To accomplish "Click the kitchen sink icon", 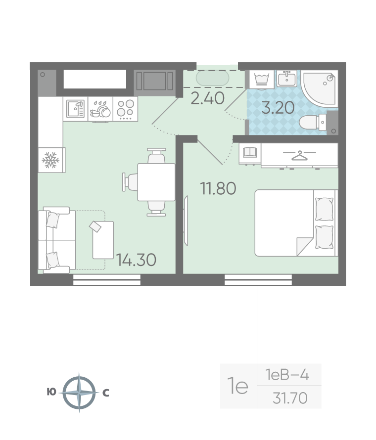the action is (x=76, y=109).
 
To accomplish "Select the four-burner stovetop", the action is (x=125, y=109).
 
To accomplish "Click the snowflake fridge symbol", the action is (x=50, y=160).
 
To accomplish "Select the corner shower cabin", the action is (x=320, y=88).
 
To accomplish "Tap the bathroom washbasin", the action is (x=287, y=78).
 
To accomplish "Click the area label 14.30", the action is (x=136, y=260).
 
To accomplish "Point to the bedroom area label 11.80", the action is (x=218, y=188).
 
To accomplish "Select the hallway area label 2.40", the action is (x=207, y=98).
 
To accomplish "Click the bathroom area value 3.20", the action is (x=278, y=107).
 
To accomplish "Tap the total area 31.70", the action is (x=290, y=398).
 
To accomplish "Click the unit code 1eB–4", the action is (x=287, y=375).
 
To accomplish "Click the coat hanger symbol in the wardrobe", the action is (x=300, y=155).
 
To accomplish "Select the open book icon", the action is (x=250, y=152).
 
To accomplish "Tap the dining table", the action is (x=156, y=182).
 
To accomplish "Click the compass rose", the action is (x=79, y=392).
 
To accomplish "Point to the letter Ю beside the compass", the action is (x=51, y=392).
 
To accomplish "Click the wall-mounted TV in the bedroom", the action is (x=186, y=220).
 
